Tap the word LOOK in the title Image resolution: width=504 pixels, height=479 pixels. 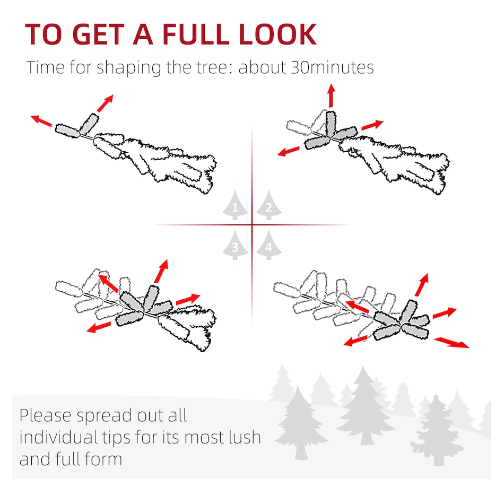(277, 34)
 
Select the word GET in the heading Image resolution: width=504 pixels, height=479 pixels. (99, 34)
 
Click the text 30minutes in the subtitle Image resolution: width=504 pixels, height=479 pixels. (332, 67)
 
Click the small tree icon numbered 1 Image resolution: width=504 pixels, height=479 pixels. (235, 205)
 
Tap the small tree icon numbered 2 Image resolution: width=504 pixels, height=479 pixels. (269, 205)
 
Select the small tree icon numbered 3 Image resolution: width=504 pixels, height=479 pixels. (235, 245)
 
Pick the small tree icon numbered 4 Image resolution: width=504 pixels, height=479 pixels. (269, 245)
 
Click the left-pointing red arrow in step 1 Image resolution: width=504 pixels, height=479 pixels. (41, 120)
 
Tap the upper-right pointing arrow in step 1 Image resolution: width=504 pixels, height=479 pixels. (105, 103)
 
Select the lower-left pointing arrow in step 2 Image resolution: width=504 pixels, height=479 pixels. (288, 151)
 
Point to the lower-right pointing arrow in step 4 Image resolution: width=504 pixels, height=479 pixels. (451, 342)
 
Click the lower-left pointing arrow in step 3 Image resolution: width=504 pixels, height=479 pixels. (99, 327)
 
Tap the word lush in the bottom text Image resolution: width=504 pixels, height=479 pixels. (245, 437)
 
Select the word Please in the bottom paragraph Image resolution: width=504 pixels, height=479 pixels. (45, 415)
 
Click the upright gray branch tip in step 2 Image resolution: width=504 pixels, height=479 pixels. (331, 124)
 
